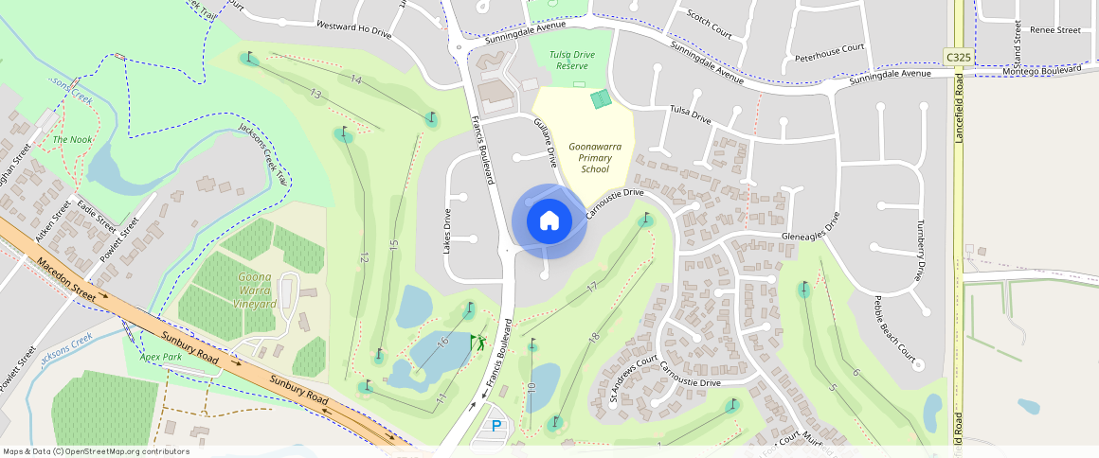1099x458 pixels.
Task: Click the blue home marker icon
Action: click(x=549, y=221)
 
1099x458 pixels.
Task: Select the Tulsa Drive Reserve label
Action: click(x=572, y=61)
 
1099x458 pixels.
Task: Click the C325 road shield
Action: click(x=959, y=58)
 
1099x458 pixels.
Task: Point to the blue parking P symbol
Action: click(x=496, y=427)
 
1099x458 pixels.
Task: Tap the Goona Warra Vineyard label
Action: click(x=254, y=291)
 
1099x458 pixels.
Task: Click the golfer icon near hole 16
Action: click(x=479, y=342)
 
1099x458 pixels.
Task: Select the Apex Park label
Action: click(x=160, y=358)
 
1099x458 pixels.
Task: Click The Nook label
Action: click(x=72, y=140)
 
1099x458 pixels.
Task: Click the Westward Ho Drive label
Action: click(x=353, y=30)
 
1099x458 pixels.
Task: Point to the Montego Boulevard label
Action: click(x=1041, y=70)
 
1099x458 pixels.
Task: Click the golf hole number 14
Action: click(x=355, y=79)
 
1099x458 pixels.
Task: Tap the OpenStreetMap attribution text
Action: click(x=96, y=451)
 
